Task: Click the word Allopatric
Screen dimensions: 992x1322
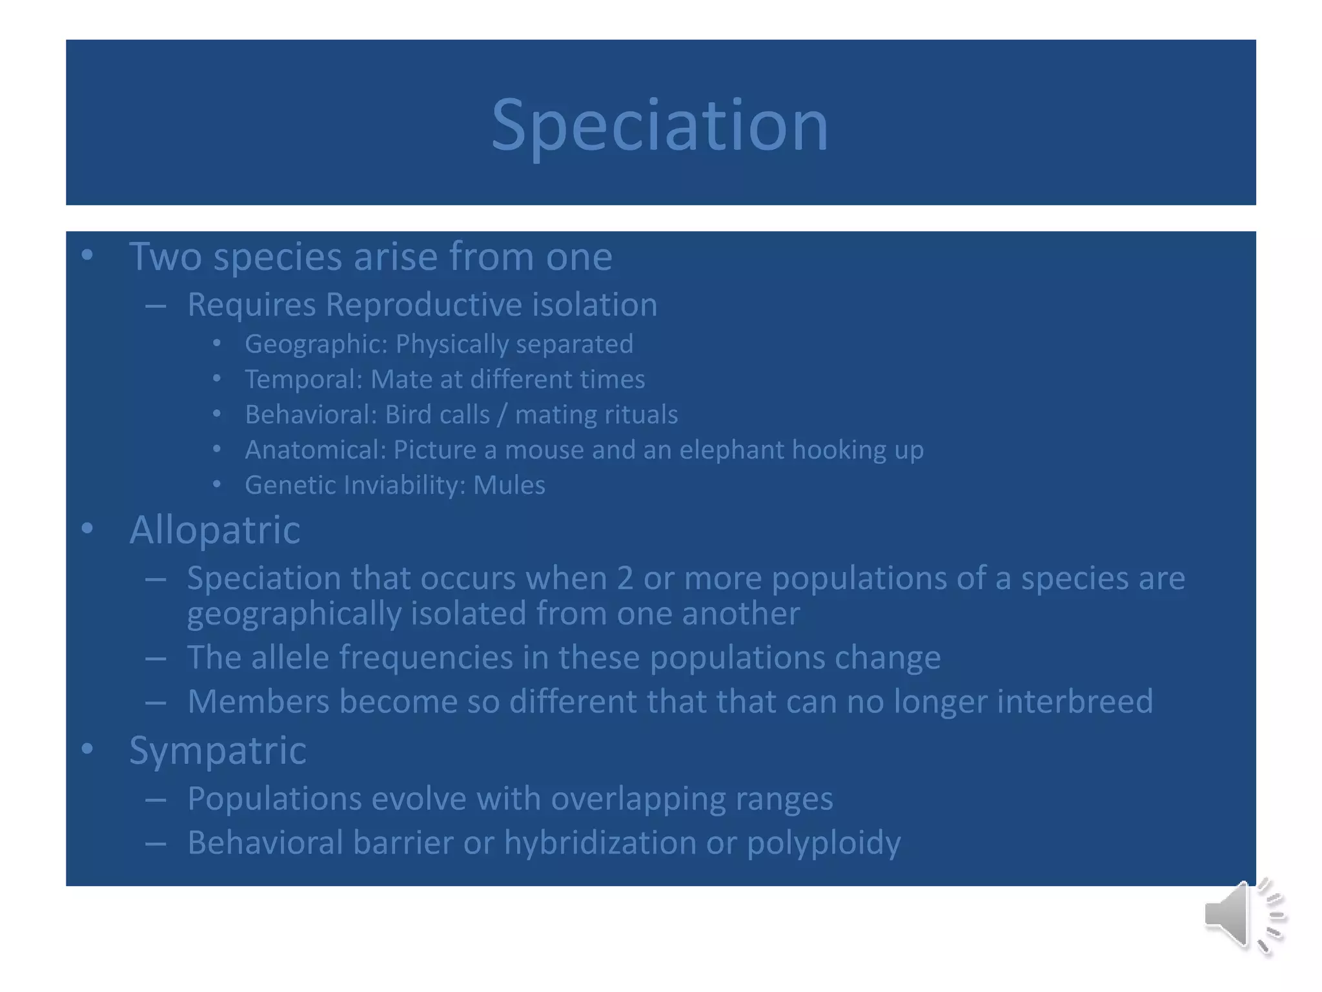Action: (x=214, y=530)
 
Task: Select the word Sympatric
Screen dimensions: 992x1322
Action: (x=218, y=750)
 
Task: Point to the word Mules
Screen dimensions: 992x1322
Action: (x=509, y=485)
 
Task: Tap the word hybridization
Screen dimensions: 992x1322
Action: (x=600, y=843)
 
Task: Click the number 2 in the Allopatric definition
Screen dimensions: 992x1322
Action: (x=624, y=578)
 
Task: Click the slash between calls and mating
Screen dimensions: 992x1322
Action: (x=502, y=415)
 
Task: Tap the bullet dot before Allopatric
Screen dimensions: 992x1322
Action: (x=88, y=529)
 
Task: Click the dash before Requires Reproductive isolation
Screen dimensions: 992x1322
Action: (x=156, y=305)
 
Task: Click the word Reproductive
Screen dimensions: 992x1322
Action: (x=423, y=305)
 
